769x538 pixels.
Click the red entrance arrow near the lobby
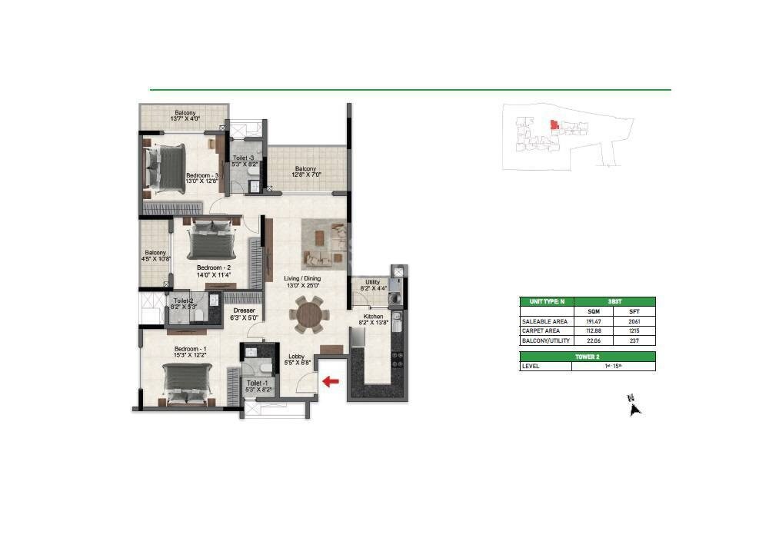(331, 380)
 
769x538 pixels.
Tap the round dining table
(309, 315)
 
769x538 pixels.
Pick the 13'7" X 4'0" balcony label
(185, 116)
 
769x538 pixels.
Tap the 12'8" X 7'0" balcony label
(306, 172)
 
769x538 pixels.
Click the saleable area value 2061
(634, 321)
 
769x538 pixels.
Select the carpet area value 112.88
(592, 330)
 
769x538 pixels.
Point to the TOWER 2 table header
(588, 357)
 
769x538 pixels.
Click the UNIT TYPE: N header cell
(547, 302)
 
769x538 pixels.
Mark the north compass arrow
(635, 407)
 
